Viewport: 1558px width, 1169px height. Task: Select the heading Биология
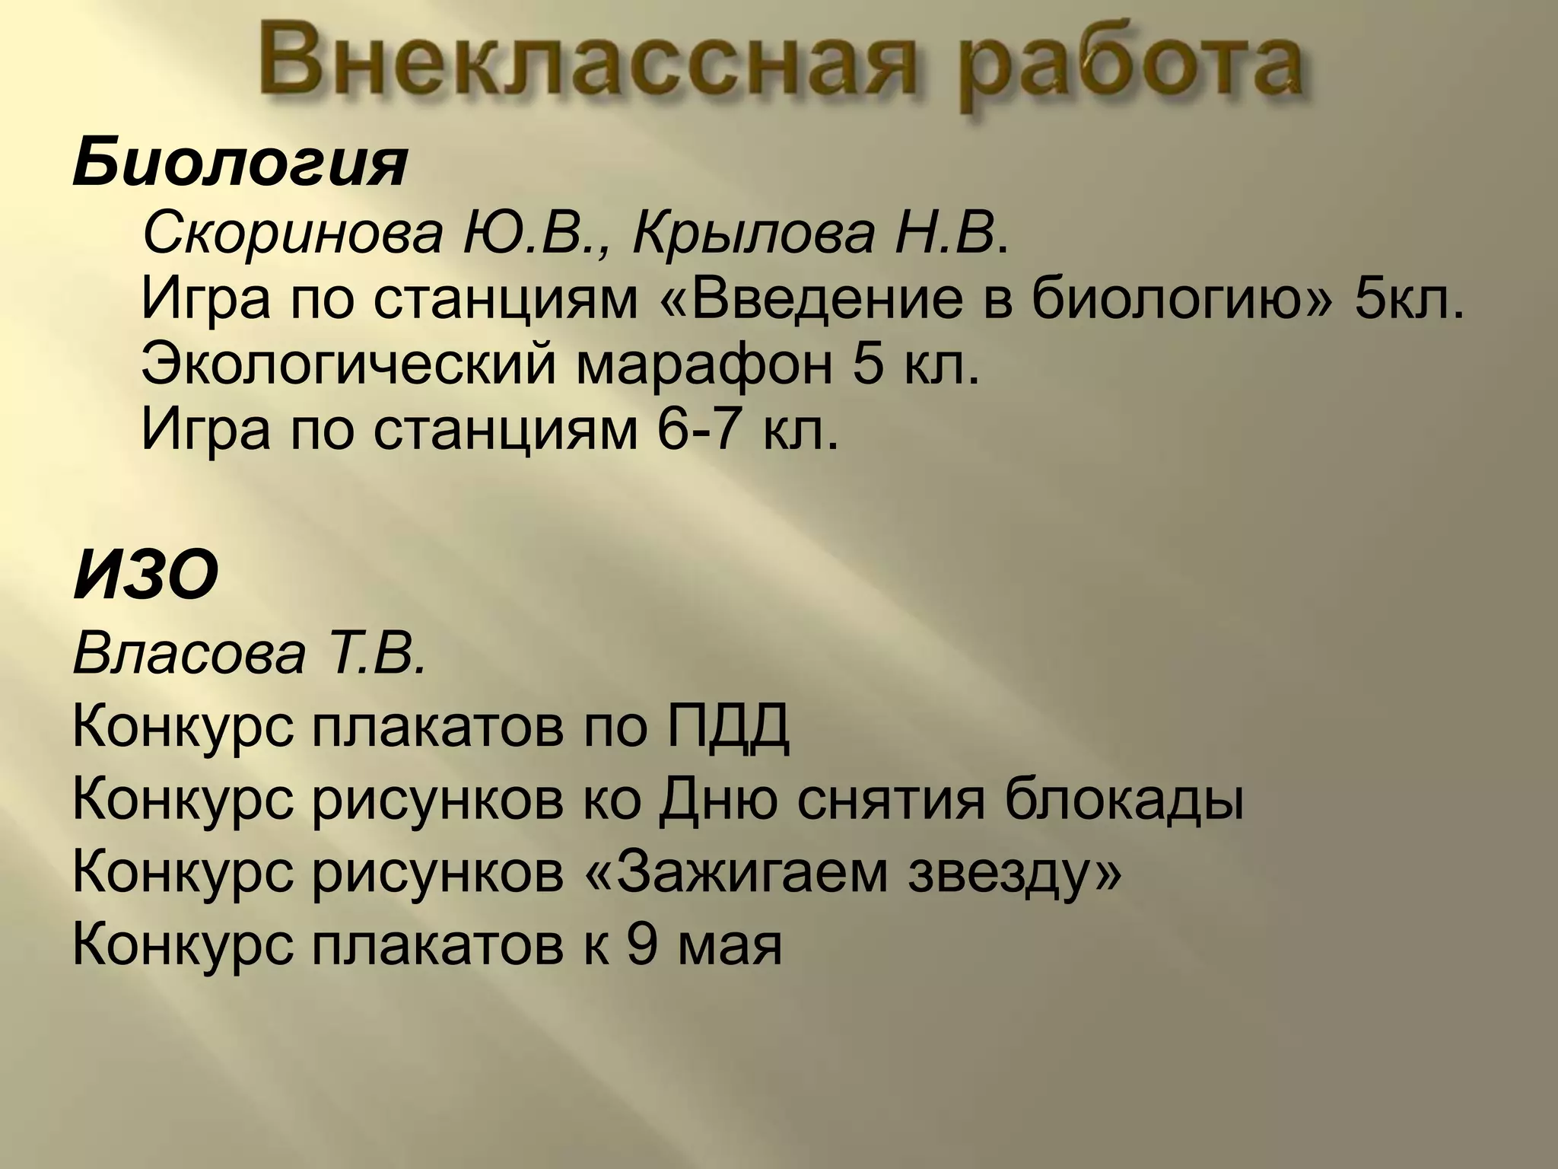pos(240,166)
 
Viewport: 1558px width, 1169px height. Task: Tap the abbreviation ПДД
pos(729,728)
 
